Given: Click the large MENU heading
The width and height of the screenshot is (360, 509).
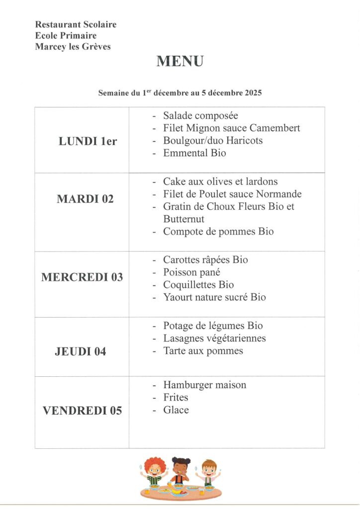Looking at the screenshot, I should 180,62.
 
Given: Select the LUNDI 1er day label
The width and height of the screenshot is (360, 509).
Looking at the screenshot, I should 88,141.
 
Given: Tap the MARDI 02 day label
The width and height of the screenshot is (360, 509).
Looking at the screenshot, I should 85,199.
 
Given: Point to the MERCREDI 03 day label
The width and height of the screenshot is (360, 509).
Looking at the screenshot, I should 82,277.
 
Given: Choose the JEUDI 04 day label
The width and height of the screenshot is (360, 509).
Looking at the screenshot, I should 81,352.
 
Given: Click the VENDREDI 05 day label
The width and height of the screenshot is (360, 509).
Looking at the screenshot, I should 82,411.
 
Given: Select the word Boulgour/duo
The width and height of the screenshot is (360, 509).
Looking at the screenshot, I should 188,141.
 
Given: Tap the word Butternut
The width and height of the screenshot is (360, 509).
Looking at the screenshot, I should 183,219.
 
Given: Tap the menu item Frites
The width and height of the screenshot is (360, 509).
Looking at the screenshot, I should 176,398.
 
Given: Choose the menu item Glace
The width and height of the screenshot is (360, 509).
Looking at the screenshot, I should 176,410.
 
